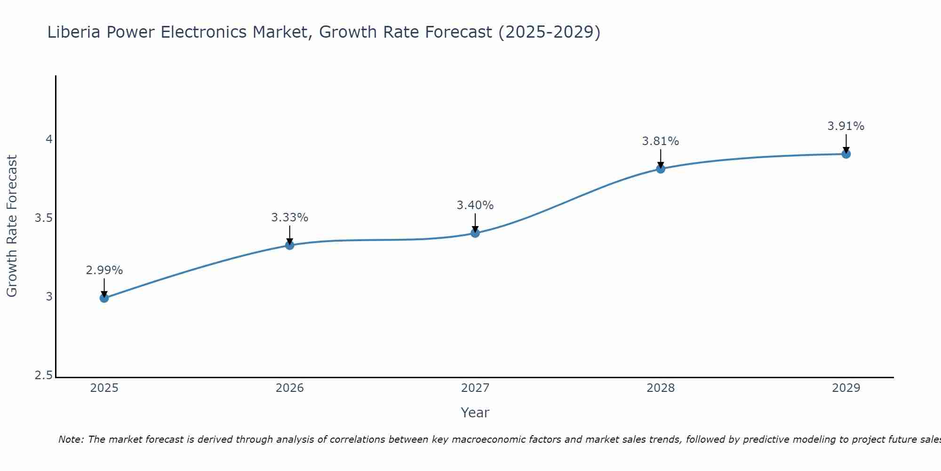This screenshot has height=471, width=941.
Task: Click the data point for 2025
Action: (104, 298)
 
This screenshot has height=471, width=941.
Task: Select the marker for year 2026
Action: (289, 245)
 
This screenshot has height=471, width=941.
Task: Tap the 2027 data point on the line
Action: (475, 233)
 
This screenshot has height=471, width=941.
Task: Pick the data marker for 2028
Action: (660, 169)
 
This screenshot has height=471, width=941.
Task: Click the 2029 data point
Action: (845, 154)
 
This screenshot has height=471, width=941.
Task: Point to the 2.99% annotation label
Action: (104, 270)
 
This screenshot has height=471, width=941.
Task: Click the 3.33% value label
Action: (289, 218)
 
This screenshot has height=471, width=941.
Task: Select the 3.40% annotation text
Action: (475, 205)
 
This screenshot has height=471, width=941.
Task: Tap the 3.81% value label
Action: (660, 141)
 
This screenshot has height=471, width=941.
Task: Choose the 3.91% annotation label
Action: (845, 126)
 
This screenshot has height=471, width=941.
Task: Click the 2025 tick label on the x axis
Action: (104, 388)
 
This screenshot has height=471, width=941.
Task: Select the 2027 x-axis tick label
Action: (475, 388)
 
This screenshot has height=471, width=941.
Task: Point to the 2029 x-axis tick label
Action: (845, 388)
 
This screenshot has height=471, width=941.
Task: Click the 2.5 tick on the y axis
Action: (43, 375)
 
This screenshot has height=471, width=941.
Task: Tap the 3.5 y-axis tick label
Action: (43, 218)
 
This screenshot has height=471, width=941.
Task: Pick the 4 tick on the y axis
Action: (48, 139)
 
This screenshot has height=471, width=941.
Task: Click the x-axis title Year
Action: (475, 413)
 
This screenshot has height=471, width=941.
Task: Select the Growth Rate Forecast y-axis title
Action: (12, 226)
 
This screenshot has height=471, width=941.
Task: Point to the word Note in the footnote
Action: (71, 439)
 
